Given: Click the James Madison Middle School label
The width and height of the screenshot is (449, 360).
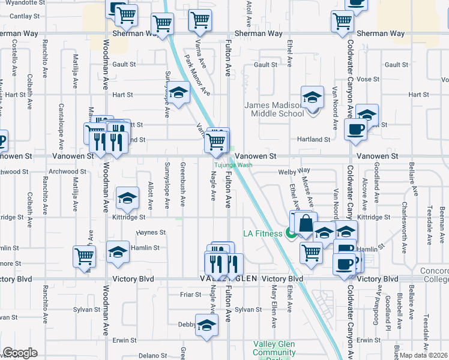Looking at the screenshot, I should pyautogui.click(x=274, y=109).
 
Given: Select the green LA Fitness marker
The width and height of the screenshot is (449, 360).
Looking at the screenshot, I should pyautogui.click(x=292, y=233).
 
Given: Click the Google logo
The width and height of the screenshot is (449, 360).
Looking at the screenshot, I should pyautogui.click(x=20, y=353).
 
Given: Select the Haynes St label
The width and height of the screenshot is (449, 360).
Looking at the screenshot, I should pyautogui.click(x=151, y=232).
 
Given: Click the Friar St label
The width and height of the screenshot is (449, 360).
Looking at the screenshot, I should pyautogui.click(x=190, y=295).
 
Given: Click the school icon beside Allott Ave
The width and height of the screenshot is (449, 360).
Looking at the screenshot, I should pyautogui.click(x=127, y=198).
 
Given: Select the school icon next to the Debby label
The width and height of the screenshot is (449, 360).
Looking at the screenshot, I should pyautogui.click(x=206, y=325).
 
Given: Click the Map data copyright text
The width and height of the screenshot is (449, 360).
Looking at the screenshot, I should pyautogui.click(x=424, y=355).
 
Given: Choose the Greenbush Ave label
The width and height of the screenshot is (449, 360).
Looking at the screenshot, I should pyautogui.click(x=182, y=185).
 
